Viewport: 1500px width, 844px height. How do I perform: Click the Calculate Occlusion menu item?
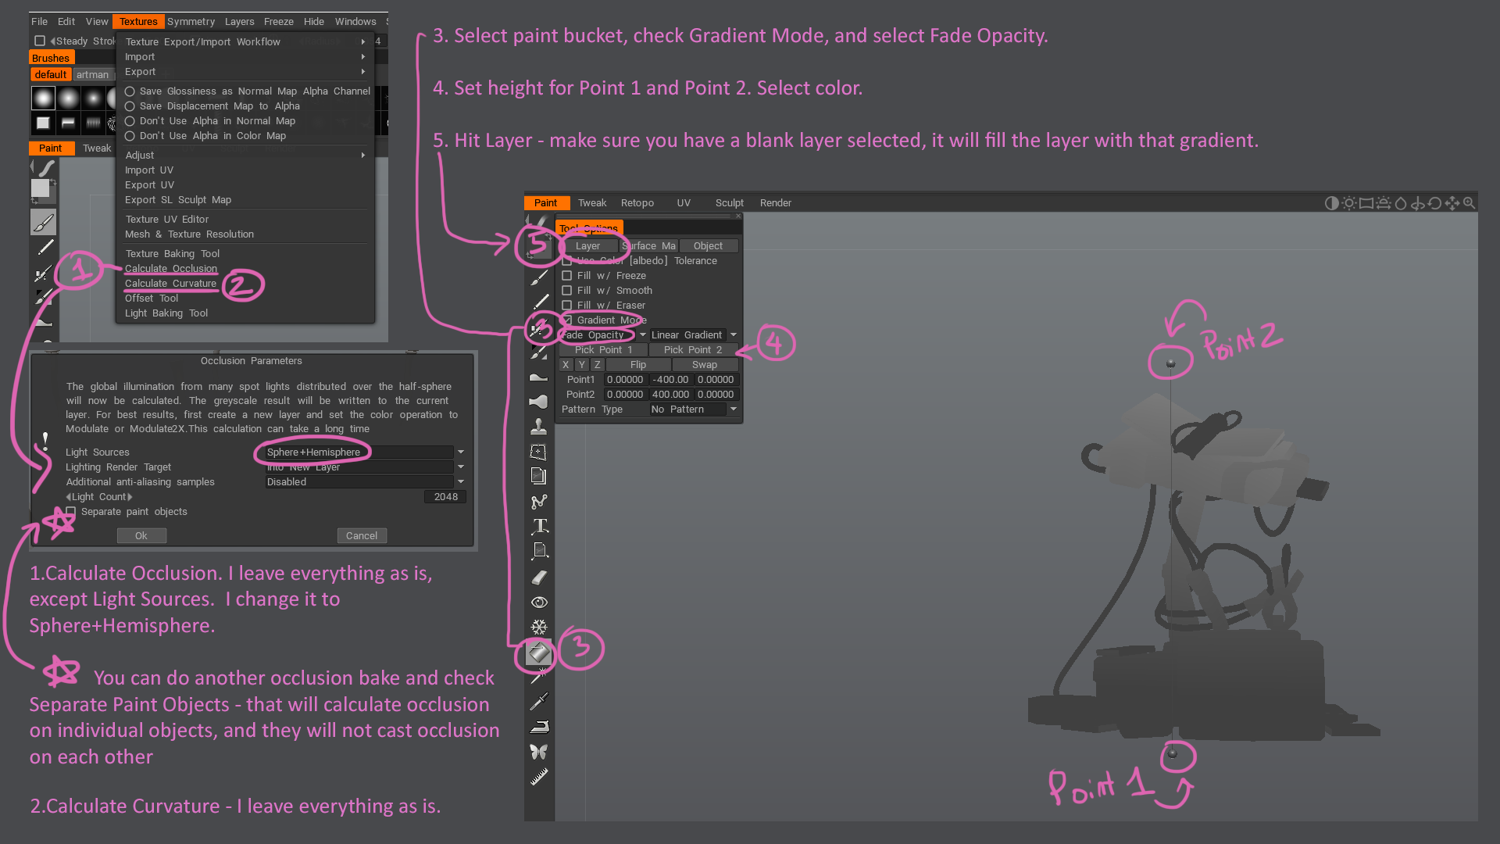[x=171, y=268]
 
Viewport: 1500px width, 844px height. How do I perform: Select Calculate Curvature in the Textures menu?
[x=170, y=283]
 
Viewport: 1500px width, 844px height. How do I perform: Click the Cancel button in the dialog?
[x=362, y=535]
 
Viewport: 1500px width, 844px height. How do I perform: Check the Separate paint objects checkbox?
[x=71, y=512]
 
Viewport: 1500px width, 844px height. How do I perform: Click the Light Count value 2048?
[x=445, y=497]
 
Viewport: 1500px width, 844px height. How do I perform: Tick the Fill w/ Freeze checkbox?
[x=567, y=276]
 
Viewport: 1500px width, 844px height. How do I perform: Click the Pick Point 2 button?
[x=692, y=349]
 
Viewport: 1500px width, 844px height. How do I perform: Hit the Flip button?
[x=637, y=365]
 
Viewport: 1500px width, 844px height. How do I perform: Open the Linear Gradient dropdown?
[x=693, y=334]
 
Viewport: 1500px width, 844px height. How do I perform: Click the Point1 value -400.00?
[x=670, y=380]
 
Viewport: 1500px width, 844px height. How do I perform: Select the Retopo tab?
[x=637, y=202]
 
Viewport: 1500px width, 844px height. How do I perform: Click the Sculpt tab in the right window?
[x=729, y=202]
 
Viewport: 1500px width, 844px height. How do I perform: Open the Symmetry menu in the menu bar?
[x=191, y=21]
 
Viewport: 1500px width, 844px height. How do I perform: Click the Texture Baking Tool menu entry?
[x=172, y=253]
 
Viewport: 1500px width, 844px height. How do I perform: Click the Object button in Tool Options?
[x=708, y=245]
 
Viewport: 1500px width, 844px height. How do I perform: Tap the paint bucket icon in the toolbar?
[x=538, y=652]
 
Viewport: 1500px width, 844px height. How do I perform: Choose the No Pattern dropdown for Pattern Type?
[x=693, y=409]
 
